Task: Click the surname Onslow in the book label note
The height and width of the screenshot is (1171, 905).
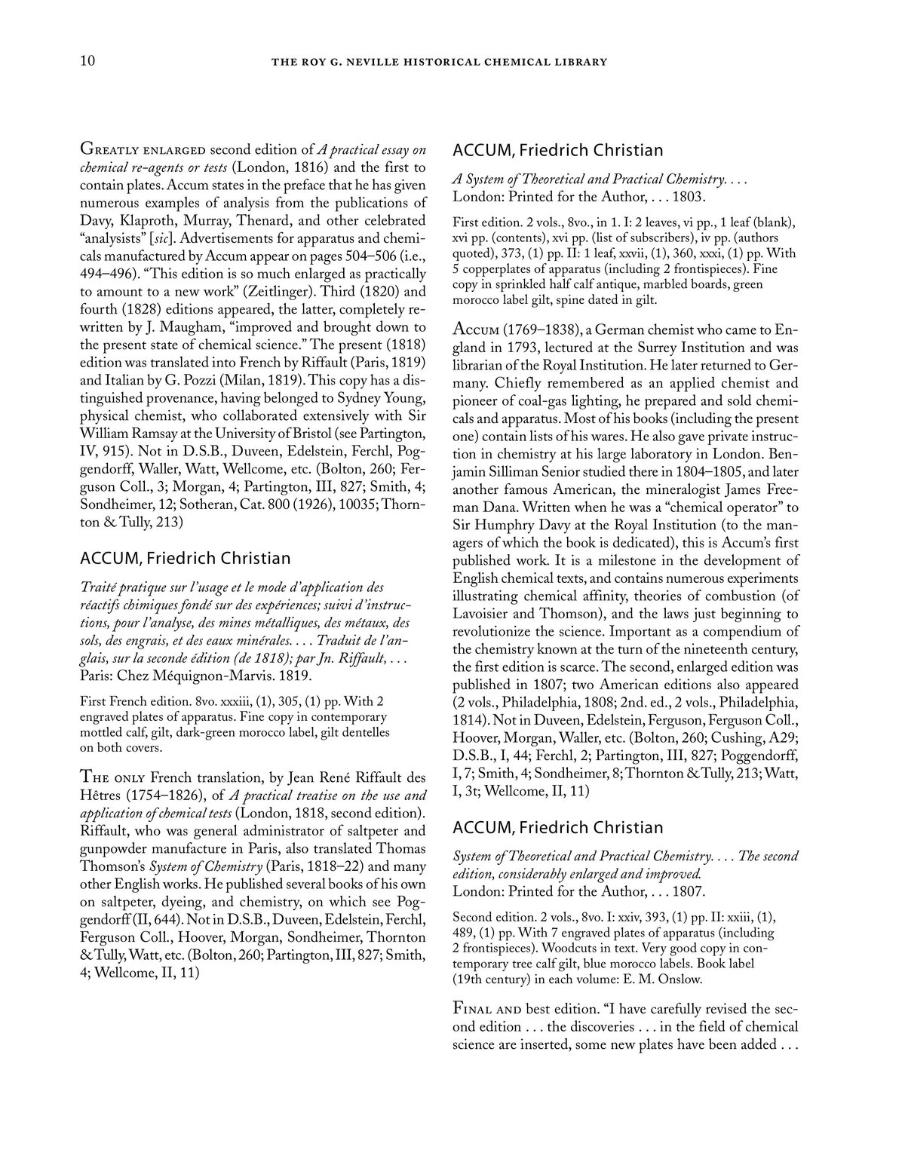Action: pos(643,980)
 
